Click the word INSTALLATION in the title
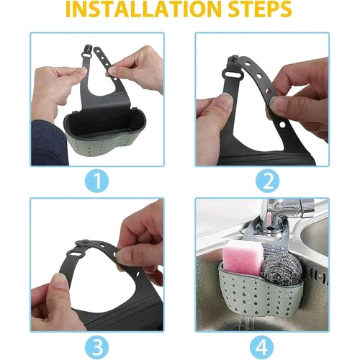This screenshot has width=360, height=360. [145, 9]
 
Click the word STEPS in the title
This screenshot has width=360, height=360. [260, 9]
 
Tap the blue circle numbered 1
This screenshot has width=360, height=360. [97, 181]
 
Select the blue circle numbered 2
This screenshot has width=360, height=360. [267, 181]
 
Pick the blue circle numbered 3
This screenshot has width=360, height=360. [97, 347]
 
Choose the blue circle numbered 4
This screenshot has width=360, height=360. [261, 347]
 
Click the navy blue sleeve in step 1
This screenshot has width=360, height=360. [49, 143]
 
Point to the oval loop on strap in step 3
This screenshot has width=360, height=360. [75, 254]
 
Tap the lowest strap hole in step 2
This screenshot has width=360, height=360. [282, 125]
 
